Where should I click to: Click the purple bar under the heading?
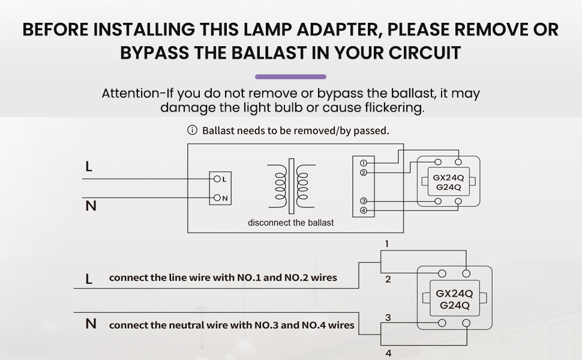tap(290, 77)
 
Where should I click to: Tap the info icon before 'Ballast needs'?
tap(193, 130)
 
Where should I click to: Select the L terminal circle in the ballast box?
tap(216, 179)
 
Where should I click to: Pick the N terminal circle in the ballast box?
tap(216, 198)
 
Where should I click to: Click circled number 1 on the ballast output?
tap(364, 163)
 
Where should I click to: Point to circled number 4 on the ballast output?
tap(364, 211)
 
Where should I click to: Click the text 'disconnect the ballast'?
tap(291, 223)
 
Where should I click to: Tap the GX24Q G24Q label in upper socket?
tap(447, 182)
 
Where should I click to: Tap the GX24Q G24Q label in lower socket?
tap(454, 299)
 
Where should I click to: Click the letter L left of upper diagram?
tap(89, 167)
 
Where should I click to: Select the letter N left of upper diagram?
tap(91, 206)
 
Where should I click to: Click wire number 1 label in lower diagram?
tap(388, 244)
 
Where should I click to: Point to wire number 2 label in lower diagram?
tap(388, 280)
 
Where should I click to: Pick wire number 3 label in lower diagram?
tap(388, 317)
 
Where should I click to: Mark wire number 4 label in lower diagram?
tap(388, 353)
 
